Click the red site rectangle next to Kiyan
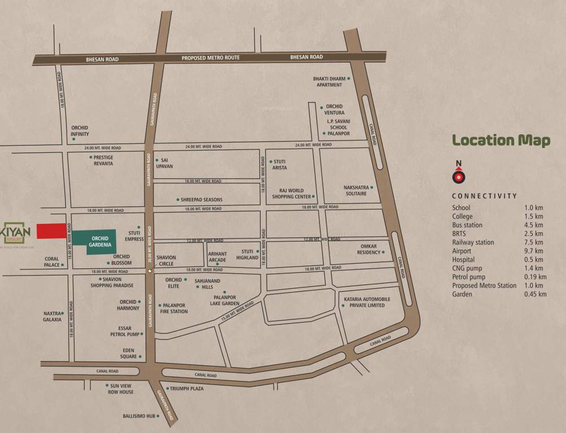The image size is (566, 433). click(x=51, y=231)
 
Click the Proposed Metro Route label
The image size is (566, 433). click(x=210, y=58)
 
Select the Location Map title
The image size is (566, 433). click(x=501, y=140)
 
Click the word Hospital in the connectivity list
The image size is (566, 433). click(x=463, y=259)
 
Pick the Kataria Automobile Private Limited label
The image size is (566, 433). click(x=365, y=302)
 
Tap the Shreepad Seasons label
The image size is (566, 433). click(x=201, y=200)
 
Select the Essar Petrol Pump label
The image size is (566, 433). click(x=124, y=331)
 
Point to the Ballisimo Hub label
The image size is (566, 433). click(x=138, y=417)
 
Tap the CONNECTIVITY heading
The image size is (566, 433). click(x=484, y=196)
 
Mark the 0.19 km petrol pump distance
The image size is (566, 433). click(x=534, y=277)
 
